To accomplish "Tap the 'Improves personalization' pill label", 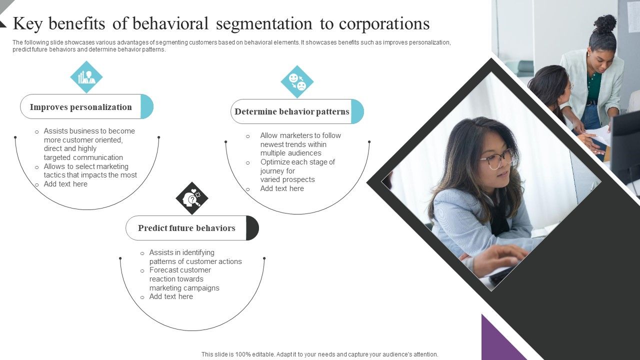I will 80,107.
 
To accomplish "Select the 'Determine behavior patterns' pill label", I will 291,111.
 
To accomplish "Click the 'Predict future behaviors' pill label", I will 186,228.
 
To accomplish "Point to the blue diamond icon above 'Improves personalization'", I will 86,77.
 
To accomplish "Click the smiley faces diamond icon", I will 297,82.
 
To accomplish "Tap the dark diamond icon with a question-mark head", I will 192,198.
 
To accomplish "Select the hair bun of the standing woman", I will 605,23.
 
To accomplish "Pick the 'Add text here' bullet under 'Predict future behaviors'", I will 171,296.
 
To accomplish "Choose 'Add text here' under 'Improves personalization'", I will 65,184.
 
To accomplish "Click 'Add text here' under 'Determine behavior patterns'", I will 282,188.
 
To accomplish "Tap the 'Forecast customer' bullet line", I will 180,270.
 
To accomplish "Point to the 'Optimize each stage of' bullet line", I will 297,162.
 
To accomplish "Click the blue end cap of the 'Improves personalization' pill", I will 147,106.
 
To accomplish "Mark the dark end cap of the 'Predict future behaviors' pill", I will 252,228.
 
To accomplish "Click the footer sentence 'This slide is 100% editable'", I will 319,354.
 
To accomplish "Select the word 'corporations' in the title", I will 384,24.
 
